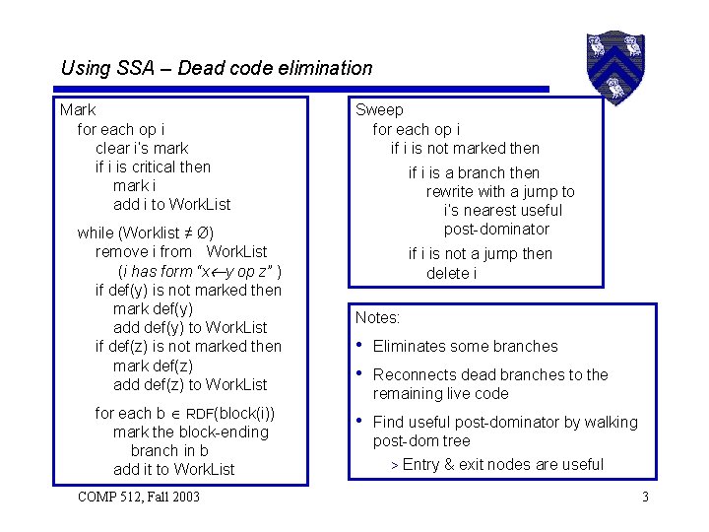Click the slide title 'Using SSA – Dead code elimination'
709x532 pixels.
pos(217,68)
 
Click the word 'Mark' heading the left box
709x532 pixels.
pos(78,110)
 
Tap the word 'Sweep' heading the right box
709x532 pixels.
pos(379,110)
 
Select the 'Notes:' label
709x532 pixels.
pos(377,317)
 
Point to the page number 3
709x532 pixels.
pos(645,497)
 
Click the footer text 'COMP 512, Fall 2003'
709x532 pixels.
pos(138,497)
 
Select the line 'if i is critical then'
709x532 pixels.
pos(153,166)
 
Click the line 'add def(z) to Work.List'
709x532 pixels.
pos(190,384)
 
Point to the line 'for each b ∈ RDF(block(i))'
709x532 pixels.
pos(185,413)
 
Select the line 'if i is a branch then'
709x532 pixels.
pos(475,172)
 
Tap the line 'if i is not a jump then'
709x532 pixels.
pos(481,254)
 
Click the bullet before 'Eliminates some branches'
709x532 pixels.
pos(360,346)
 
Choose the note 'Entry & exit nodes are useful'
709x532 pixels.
pos(502,464)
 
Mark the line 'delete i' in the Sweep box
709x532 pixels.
pos(451,273)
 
